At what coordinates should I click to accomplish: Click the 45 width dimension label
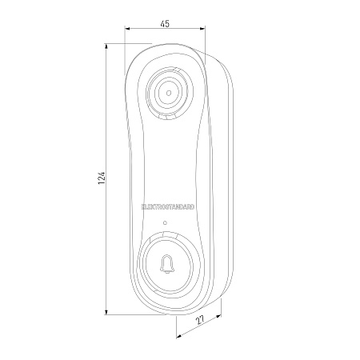(x=165, y=23)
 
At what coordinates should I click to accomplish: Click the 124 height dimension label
(x=102, y=178)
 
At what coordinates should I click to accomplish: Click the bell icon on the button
(x=167, y=264)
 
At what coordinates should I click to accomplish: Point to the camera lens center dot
(x=169, y=93)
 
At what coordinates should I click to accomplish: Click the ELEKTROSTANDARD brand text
(x=168, y=207)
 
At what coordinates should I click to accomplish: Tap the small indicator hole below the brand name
(x=165, y=222)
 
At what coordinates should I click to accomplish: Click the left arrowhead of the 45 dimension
(x=127, y=29)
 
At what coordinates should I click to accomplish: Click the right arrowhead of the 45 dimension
(x=202, y=29)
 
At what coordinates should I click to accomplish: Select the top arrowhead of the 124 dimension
(x=106, y=46)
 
